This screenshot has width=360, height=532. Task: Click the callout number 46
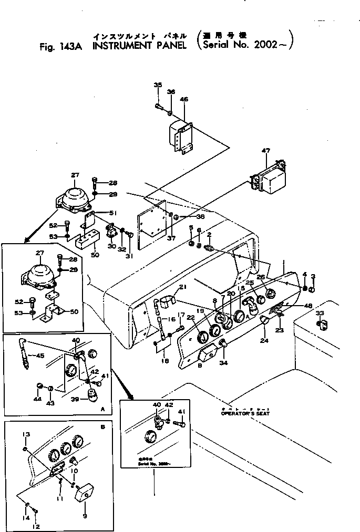[x=184, y=99]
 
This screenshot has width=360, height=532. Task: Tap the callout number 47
[x=266, y=151]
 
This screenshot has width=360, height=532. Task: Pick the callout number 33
[x=320, y=313]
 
